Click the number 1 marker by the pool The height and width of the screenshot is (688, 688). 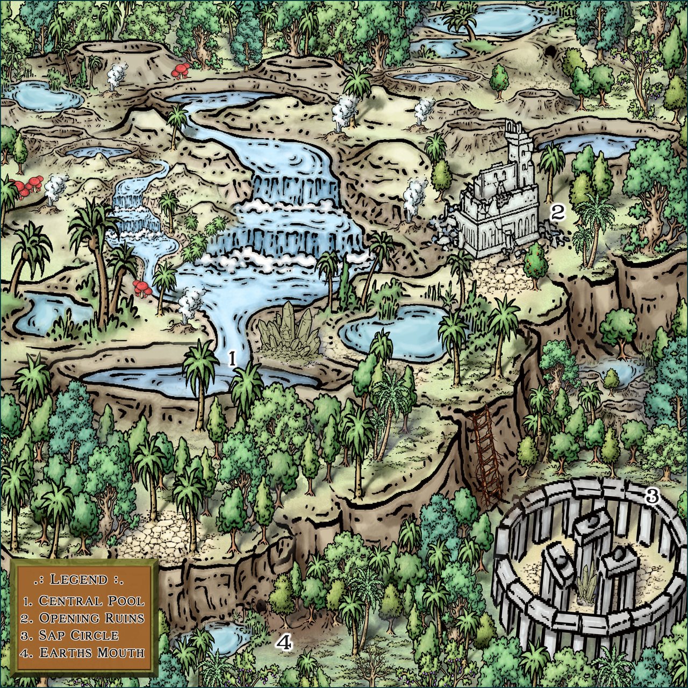tap(232, 358)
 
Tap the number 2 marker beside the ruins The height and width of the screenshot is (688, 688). tap(557, 212)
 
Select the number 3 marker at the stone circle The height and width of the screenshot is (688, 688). tap(652, 496)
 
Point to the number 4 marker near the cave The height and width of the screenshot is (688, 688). tap(284, 642)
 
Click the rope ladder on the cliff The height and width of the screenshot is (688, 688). tap(486, 457)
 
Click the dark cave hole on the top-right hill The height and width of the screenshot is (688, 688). tap(551, 52)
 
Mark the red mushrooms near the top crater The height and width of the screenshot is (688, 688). tap(182, 71)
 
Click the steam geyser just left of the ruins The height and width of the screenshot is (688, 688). tap(414, 196)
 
